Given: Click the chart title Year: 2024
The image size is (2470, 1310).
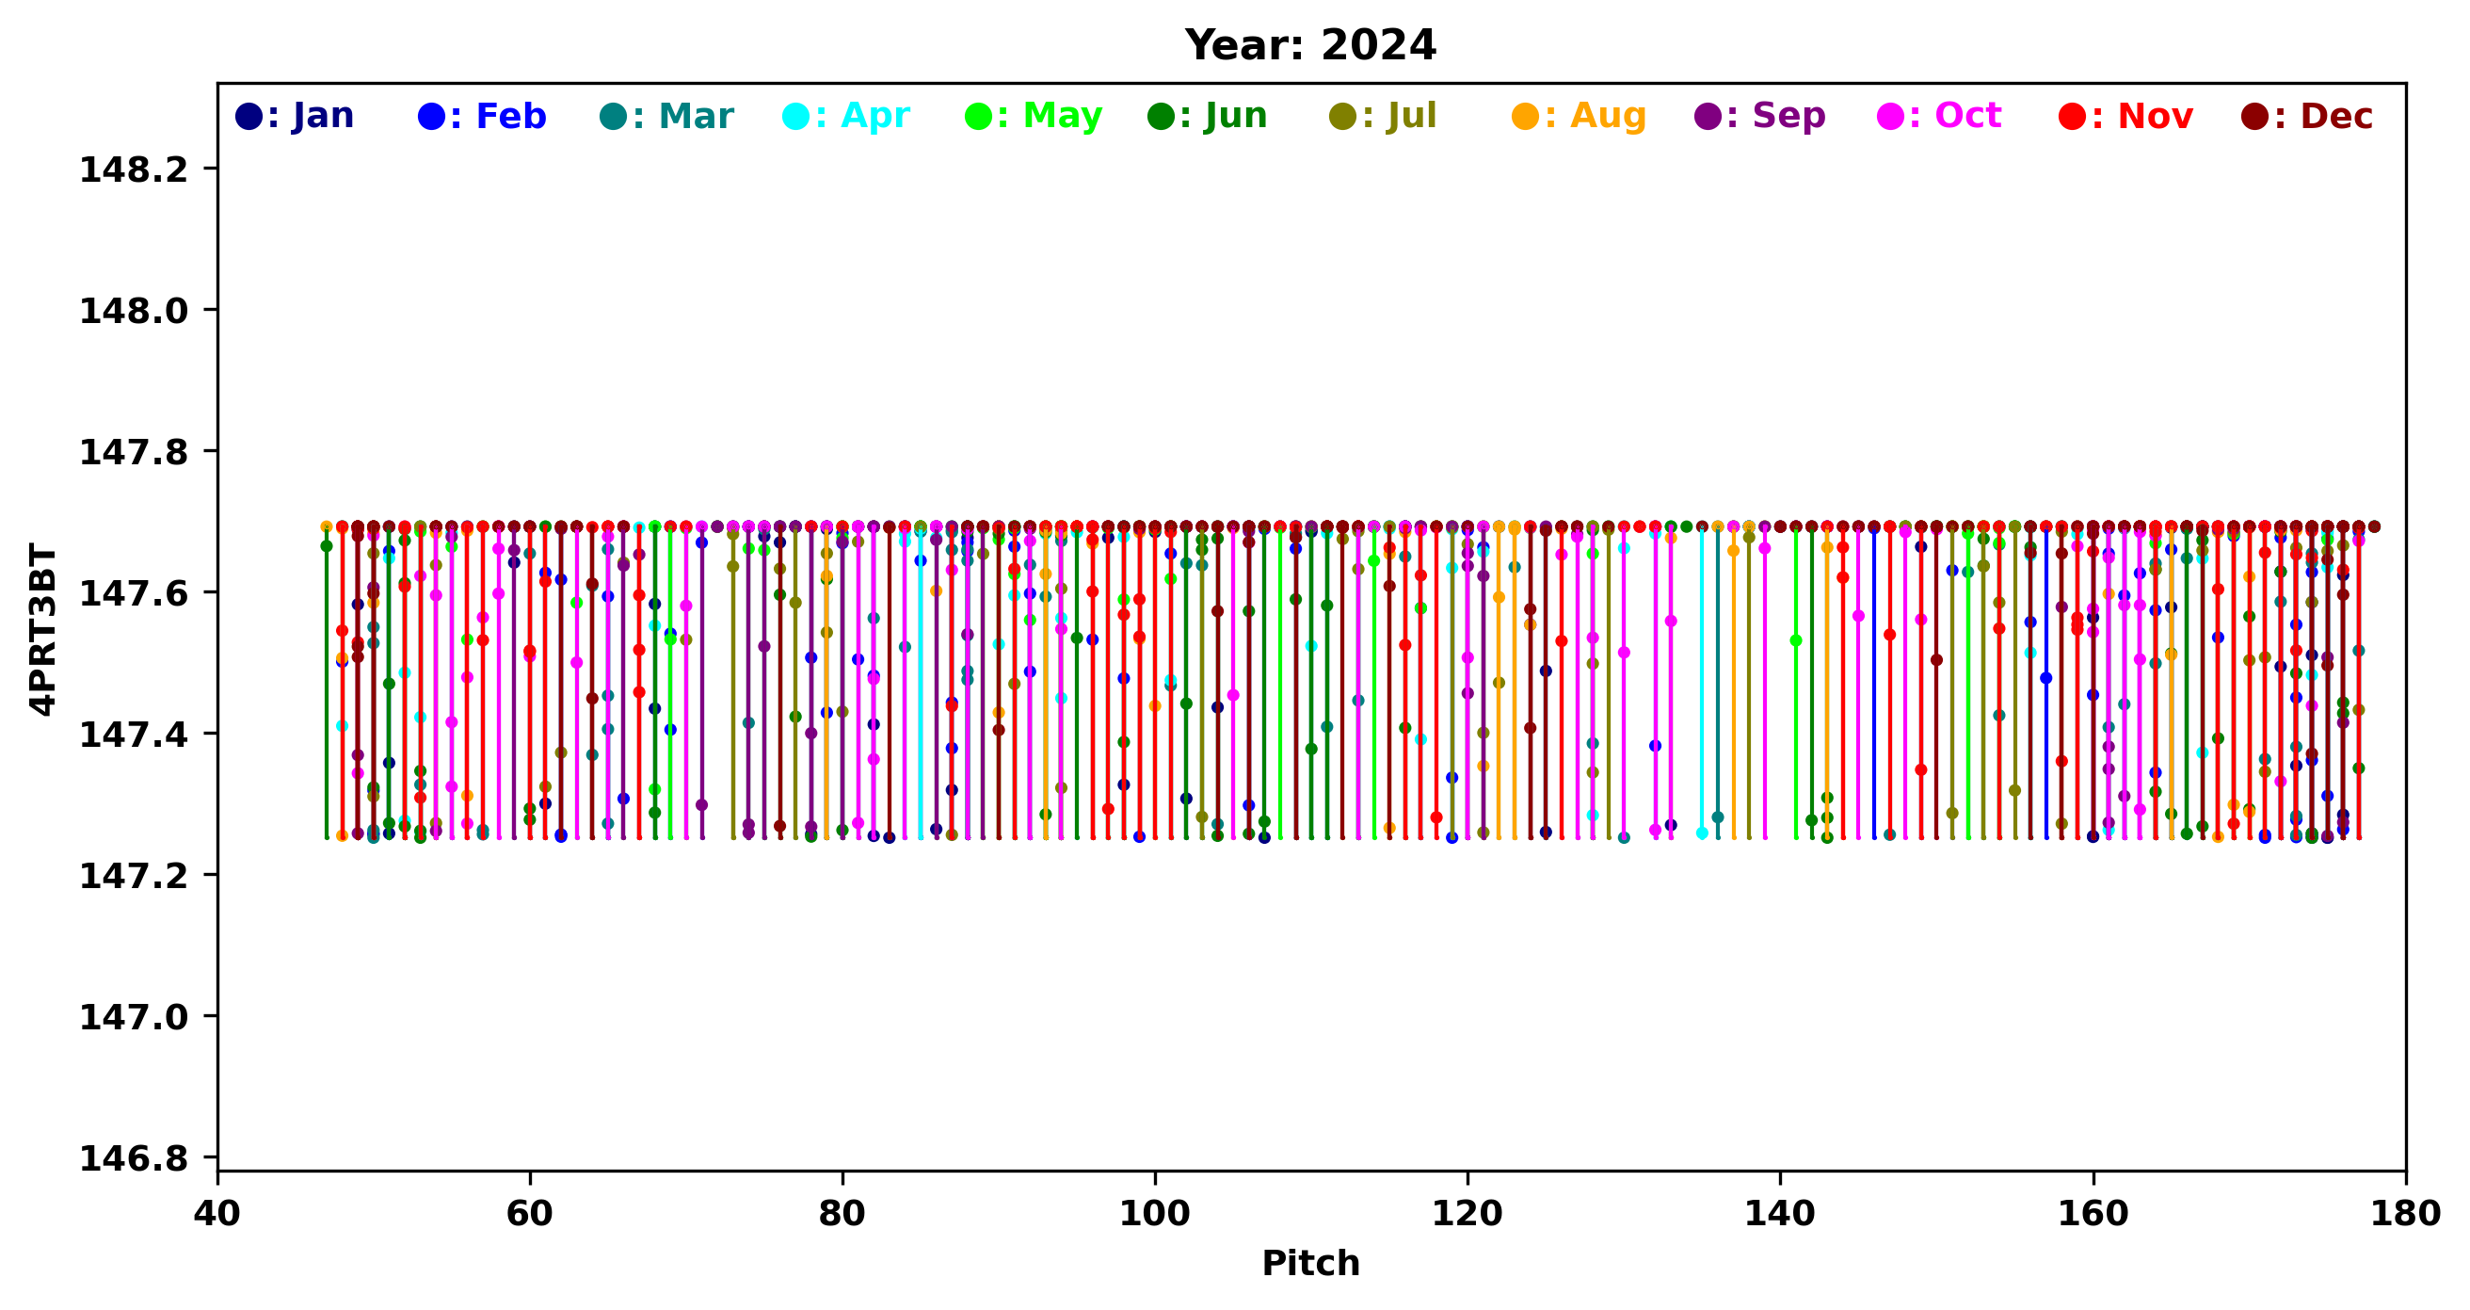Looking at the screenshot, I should [1309, 45].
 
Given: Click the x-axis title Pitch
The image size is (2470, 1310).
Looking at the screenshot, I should [1309, 1263].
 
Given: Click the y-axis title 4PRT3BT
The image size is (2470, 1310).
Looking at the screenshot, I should [43, 628].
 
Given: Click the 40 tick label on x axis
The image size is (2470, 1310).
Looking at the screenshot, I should [217, 1213].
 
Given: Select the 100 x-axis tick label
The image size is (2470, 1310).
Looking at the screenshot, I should [1154, 1213].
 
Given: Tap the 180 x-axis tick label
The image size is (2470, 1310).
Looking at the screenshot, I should [2405, 1213].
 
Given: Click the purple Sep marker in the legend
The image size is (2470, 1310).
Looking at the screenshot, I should [1708, 117].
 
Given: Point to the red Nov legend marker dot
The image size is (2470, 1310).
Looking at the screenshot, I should [2072, 117].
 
